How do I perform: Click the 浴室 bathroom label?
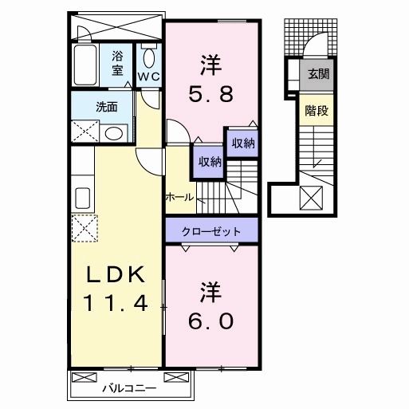point(117,63)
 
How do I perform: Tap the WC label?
point(149,77)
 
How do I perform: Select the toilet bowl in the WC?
point(149,58)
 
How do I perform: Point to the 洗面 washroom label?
point(85,106)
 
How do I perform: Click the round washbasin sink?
point(114,133)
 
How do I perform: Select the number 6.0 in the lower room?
point(211,321)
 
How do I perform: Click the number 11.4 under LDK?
point(115,304)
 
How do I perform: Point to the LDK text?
point(115,275)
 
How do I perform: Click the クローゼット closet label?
point(212,230)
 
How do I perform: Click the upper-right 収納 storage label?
point(243,143)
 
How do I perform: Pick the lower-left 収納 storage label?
point(210,161)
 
